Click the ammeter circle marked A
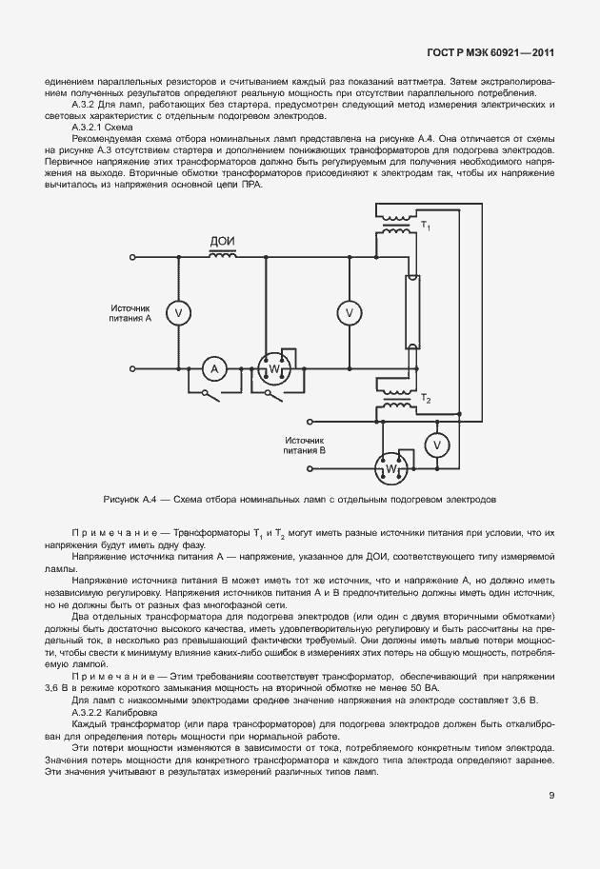215,368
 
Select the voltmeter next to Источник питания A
175,311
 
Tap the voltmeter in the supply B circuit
435,444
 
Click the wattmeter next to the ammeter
272,369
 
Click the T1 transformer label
426,227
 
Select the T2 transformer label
426,399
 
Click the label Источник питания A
130,313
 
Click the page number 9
551,797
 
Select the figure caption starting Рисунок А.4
299,499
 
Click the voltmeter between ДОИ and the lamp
350,311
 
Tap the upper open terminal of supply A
130,257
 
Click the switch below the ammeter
215,390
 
